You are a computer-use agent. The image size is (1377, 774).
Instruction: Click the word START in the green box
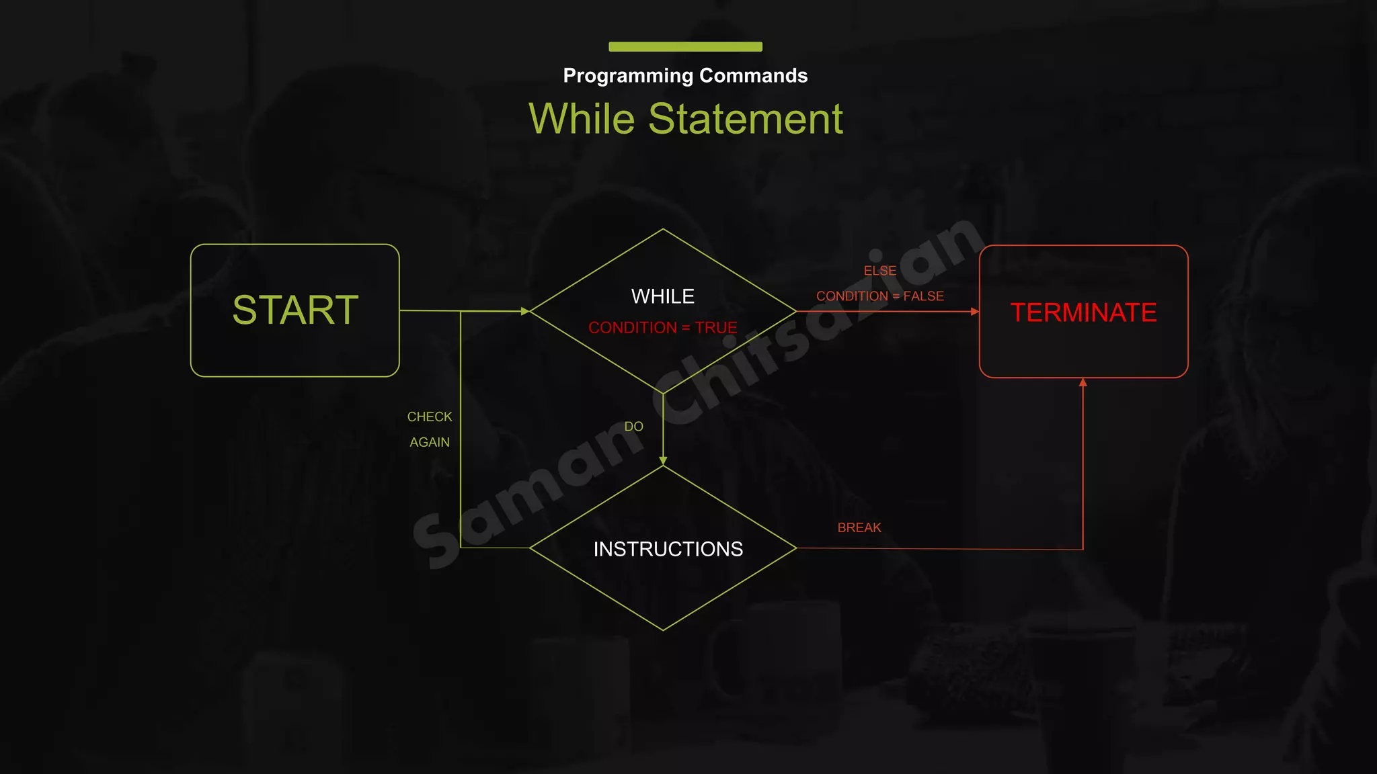click(x=295, y=310)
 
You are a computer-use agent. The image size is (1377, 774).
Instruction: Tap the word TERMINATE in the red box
click(x=1083, y=312)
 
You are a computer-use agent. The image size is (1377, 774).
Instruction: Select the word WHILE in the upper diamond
click(x=662, y=296)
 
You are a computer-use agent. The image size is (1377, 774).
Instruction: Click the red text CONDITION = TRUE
click(x=662, y=328)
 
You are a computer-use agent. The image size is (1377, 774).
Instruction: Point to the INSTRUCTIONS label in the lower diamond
click(x=668, y=549)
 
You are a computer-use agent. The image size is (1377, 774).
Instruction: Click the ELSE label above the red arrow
click(x=879, y=271)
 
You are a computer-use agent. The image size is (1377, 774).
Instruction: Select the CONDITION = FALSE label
click(x=879, y=296)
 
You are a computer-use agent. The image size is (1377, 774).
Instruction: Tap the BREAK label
click(x=859, y=527)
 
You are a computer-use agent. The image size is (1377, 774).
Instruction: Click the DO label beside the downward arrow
click(x=633, y=427)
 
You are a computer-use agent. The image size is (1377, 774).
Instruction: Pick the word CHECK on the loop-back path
click(x=430, y=417)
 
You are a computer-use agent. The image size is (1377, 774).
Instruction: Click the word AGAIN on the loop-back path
click(x=430, y=442)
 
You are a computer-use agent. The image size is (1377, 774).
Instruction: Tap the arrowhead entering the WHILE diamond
click(x=525, y=311)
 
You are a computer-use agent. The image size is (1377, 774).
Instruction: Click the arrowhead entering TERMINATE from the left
click(x=975, y=311)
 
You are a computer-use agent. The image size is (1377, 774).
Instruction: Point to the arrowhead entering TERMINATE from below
click(x=1083, y=382)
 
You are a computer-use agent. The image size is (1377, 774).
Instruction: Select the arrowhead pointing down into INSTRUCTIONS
click(x=663, y=461)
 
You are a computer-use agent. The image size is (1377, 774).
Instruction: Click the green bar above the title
click(x=685, y=46)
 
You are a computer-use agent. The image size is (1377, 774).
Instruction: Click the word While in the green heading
click(x=582, y=119)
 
